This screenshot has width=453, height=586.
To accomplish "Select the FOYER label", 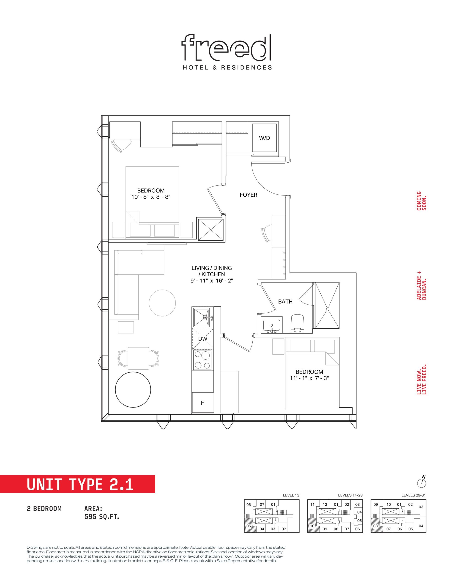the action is (x=248, y=195).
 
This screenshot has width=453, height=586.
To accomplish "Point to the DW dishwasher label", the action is (x=203, y=339).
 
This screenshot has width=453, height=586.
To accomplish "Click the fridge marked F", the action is (x=203, y=402).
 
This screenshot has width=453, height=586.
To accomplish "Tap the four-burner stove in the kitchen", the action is (x=203, y=360).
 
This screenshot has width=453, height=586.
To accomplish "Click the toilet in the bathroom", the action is (x=297, y=323).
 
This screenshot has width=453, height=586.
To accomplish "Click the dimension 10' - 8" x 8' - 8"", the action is (x=151, y=197).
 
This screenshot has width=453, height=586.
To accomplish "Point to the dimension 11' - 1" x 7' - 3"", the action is (x=309, y=378).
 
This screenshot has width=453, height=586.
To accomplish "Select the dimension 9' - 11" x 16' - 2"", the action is (x=212, y=281).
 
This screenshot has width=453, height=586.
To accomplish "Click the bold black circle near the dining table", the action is (x=133, y=390).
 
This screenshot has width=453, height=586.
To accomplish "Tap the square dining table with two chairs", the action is (x=138, y=358).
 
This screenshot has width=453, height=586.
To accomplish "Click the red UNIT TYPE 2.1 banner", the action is (x=78, y=484).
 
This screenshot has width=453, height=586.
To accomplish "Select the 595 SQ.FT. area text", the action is (x=102, y=516).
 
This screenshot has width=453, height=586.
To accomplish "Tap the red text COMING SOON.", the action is (x=422, y=201).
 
